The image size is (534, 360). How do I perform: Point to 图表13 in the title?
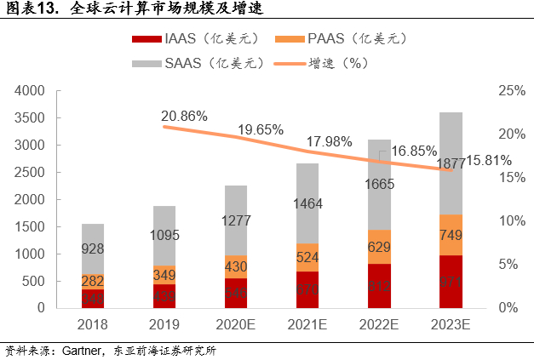[x=29, y=10]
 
